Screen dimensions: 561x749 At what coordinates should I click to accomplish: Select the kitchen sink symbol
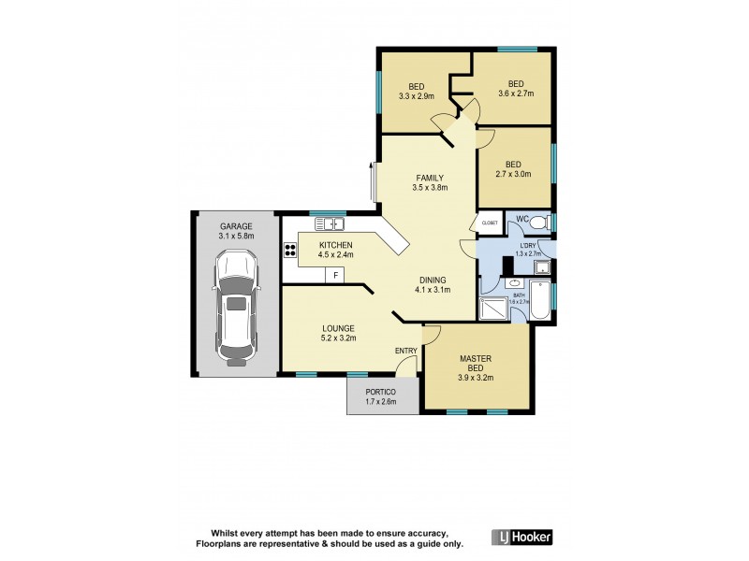tap(330, 223)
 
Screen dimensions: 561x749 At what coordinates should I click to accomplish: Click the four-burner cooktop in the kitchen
tap(289, 250)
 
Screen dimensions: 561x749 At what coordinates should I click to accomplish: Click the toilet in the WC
tap(542, 223)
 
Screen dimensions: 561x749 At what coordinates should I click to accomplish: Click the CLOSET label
tap(490, 223)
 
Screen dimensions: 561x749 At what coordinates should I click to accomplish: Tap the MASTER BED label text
tap(476, 364)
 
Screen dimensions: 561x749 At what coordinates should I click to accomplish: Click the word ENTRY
tap(405, 351)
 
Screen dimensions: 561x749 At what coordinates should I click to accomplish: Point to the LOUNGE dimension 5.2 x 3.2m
tap(337, 339)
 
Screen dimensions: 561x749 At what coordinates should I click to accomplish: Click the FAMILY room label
tap(430, 178)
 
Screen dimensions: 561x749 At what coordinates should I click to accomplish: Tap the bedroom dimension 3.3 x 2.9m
tap(416, 96)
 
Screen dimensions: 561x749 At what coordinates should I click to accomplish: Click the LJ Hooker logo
tap(521, 537)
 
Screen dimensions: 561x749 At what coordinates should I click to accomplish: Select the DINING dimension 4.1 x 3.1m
tap(432, 290)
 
